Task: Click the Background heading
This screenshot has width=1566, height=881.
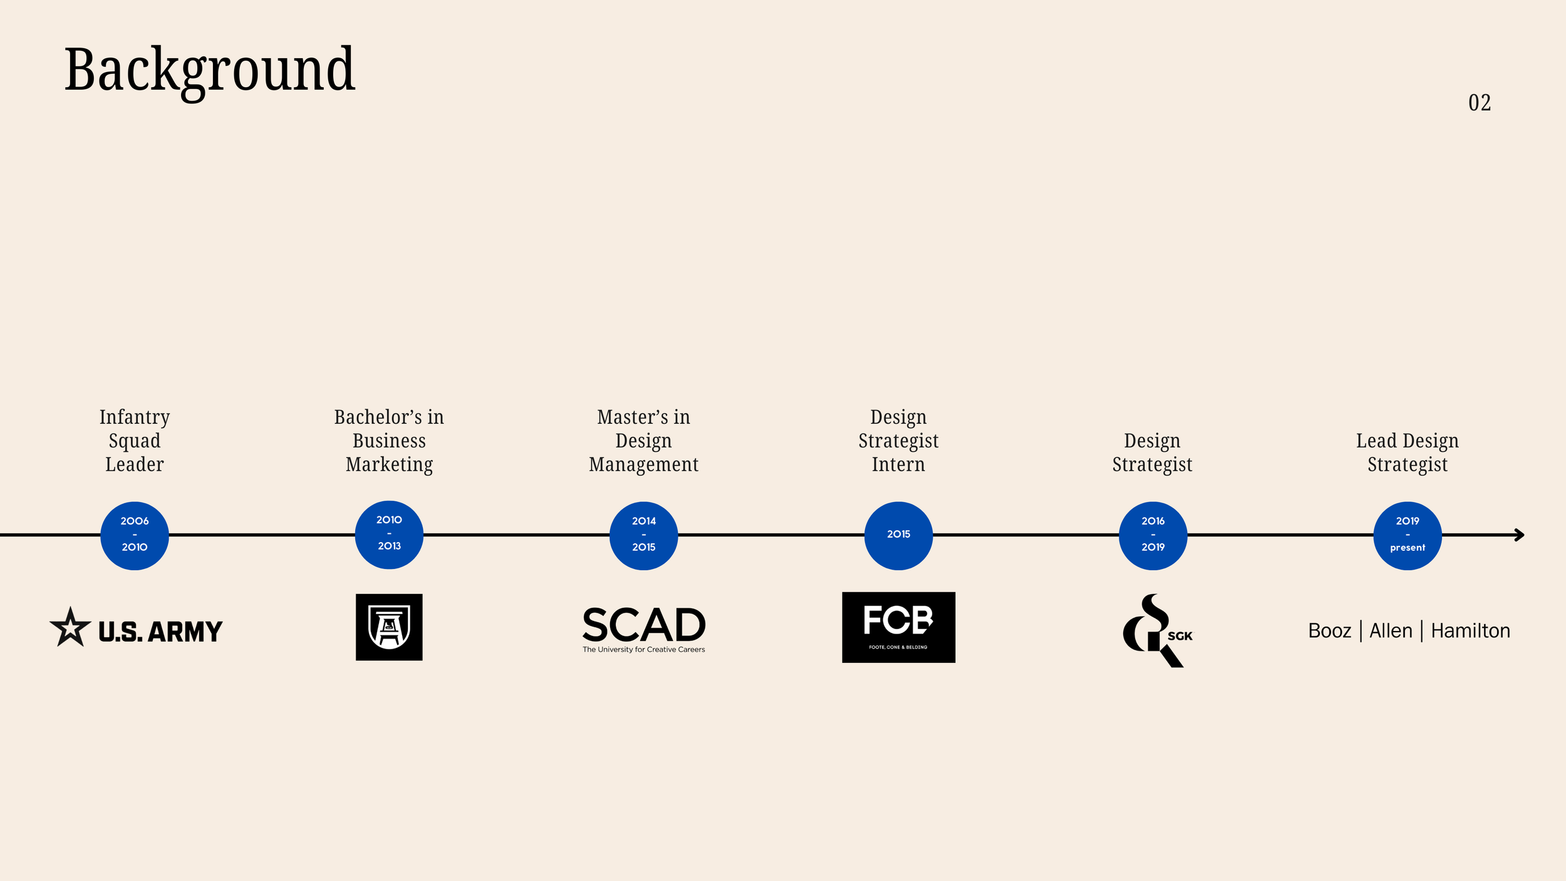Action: click(x=210, y=70)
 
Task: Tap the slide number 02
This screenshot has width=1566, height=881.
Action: click(x=1479, y=103)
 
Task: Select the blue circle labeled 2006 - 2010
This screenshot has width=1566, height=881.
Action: click(x=135, y=535)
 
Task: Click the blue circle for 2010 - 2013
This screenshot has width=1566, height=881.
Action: click(x=389, y=534)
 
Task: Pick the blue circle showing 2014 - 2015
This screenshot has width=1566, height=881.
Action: click(x=643, y=535)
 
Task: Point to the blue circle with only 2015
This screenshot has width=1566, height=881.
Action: click(x=898, y=535)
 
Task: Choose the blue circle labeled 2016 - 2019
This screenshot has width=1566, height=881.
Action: click(x=1153, y=535)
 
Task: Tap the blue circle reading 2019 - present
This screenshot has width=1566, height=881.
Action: click(x=1408, y=535)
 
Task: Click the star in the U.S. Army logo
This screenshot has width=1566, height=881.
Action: click(x=70, y=627)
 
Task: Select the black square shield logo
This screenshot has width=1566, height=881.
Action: click(x=389, y=627)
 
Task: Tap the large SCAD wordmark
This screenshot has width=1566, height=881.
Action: click(x=643, y=624)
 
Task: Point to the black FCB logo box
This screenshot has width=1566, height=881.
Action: click(x=898, y=627)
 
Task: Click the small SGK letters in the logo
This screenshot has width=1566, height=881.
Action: click(x=1180, y=636)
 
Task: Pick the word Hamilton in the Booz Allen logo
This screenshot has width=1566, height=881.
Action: click(x=1470, y=630)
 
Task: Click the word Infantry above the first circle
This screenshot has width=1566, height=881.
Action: click(x=135, y=417)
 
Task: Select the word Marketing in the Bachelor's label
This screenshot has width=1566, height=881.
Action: click(x=389, y=464)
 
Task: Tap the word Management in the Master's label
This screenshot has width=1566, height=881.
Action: click(x=643, y=464)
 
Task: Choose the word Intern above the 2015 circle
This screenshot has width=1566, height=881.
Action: click(x=898, y=464)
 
